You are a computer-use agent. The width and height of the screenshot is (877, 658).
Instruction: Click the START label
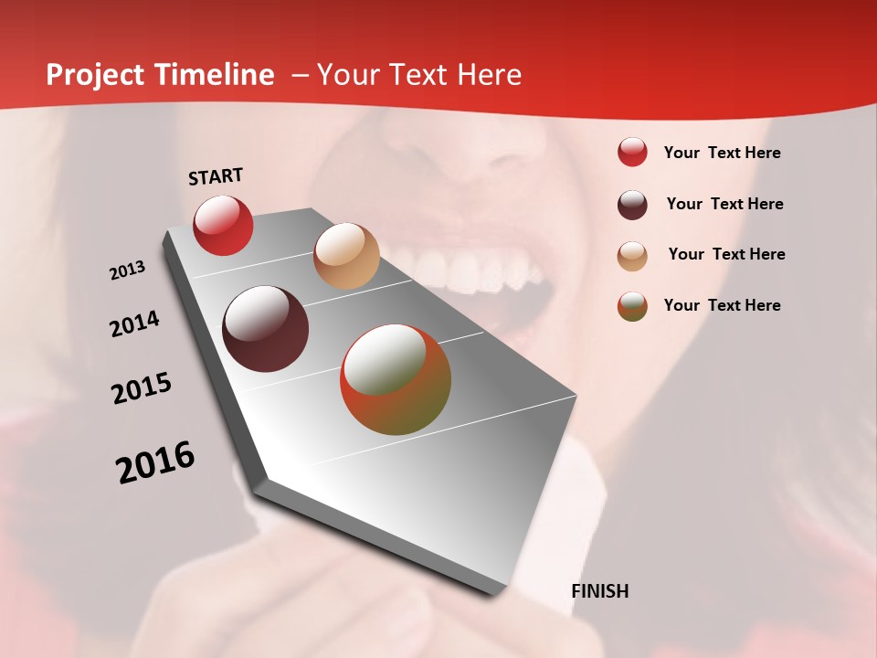216,176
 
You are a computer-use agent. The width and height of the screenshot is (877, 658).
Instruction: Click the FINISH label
599,591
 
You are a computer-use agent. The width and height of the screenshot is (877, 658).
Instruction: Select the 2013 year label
127,271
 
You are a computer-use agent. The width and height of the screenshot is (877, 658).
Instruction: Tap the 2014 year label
134,324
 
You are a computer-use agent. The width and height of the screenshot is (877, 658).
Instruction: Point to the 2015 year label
142,388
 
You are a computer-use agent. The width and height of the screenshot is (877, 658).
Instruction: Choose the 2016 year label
155,462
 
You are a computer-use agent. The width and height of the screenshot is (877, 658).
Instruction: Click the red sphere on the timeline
223,225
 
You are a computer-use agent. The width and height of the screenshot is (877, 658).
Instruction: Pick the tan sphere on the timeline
346,256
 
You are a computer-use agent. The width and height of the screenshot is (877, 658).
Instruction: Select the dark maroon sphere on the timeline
266,329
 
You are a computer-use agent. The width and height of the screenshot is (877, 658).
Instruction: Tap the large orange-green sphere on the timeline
396,379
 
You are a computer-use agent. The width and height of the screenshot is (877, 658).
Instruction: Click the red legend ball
632,153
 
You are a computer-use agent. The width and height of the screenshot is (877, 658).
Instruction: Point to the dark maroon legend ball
632,205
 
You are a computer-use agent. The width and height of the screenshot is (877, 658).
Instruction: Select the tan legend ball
632,256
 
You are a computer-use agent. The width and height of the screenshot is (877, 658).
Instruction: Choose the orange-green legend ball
632,306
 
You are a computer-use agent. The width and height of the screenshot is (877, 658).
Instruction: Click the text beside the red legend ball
722,153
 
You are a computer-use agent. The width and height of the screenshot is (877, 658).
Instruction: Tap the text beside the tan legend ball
726,254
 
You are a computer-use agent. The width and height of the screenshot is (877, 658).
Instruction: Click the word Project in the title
95,75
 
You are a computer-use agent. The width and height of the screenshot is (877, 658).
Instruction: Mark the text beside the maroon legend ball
724,204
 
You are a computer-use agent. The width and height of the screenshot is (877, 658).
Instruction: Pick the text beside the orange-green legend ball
722,305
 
